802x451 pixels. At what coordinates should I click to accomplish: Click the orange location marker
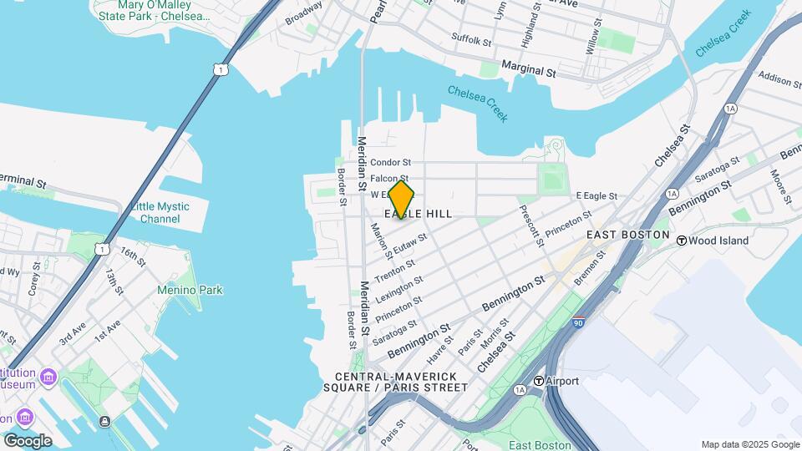pyautogui.click(x=401, y=200)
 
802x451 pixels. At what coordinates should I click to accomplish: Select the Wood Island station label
pyautogui.click(x=712, y=241)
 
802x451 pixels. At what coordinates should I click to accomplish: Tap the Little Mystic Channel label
pyautogui.click(x=160, y=212)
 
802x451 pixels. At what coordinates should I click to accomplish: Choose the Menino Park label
pyautogui.click(x=190, y=291)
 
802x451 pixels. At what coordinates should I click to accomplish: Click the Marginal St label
pyautogui.click(x=528, y=67)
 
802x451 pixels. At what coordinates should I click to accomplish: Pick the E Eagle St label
pyautogui.click(x=596, y=195)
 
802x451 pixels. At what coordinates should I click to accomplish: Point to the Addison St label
pyautogui.click(x=774, y=79)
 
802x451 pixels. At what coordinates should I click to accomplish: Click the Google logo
pyautogui.click(x=28, y=440)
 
